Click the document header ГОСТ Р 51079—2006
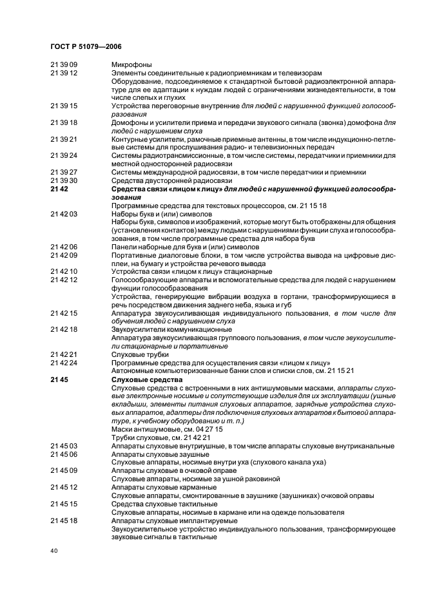(86, 46)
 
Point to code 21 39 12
(64, 73)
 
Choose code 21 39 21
(64, 140)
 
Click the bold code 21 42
(59, 189)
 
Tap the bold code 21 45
(59, 380)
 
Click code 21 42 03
(64, 213)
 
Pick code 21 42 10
(64, 271)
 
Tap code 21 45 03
(64, 446)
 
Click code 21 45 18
(64, 521)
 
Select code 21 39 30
(64, 180)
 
